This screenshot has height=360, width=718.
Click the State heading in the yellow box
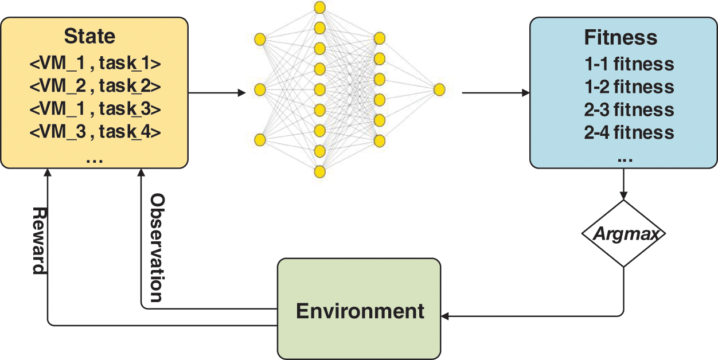click(89, 36)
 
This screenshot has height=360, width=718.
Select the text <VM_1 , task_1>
click(95, 62)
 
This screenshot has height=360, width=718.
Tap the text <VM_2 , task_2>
click(95, 86)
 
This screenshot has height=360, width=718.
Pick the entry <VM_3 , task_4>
click(95, 132)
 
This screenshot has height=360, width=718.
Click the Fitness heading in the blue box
click(621, 38)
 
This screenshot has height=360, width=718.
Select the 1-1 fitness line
click(629, 64)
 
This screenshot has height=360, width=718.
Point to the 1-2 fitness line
click(629, 87)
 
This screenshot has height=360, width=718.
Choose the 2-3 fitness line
click(629, 109)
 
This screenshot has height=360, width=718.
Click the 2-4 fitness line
click(629, 133)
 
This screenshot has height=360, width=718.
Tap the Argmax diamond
click(622, 233)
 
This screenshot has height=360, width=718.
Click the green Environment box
click(359, 310)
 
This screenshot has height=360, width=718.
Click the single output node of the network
click(439, 89)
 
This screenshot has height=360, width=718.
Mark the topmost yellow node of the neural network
click(320, 7)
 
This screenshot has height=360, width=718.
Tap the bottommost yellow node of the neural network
click(320, 171)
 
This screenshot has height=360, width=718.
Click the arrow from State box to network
click(212, 92)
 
